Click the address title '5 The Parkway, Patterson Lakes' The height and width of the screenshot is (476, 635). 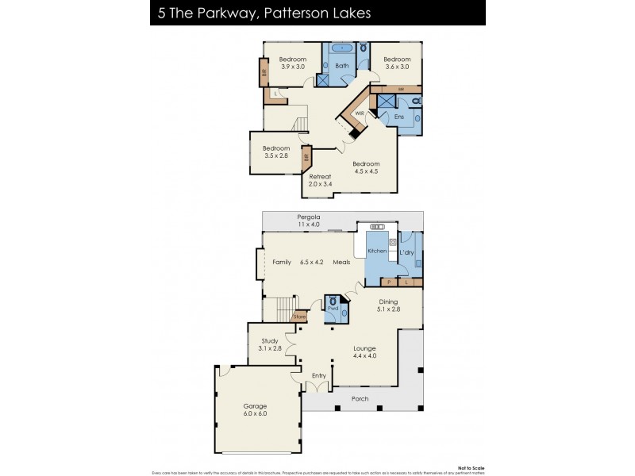(248, 13)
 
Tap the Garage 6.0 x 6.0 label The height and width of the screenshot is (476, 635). (254, 409)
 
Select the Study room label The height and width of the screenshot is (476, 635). (270, 344)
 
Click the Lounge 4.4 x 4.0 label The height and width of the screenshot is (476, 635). (364, 351)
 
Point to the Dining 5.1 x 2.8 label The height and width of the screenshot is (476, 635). (388, 305)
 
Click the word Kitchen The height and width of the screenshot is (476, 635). (377, 251)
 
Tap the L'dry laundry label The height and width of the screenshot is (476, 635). (406, 252)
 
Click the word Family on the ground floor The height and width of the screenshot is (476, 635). (282, 262)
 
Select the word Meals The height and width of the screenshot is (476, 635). (341, 262)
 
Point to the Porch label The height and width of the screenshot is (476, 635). (360, 398)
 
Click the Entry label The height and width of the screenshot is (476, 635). (318, 375)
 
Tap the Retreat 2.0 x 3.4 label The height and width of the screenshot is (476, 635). (320, 180)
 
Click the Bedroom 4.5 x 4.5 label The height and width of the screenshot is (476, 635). (366, 167)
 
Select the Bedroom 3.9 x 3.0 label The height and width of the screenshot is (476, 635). (293, 63)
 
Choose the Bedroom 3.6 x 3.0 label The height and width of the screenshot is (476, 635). (397, 63)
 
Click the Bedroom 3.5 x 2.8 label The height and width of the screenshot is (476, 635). (276, 152)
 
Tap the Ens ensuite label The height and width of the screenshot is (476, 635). (399, 117)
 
